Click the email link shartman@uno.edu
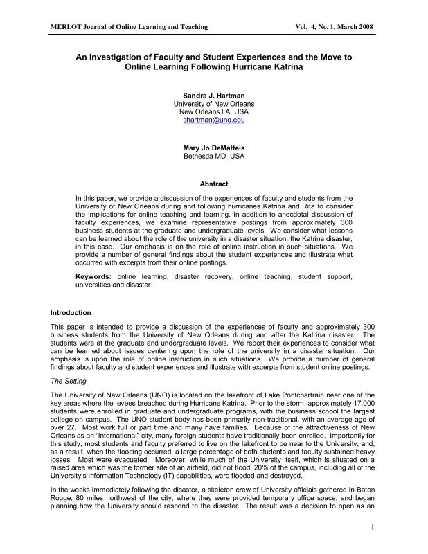[x=213, y=120]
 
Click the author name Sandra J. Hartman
[x=213, y=93]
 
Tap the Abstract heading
[x=213, y=184]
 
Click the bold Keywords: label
[x=94, y=277]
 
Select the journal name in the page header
[x=130, y=26]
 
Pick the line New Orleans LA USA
[x=213, y=111]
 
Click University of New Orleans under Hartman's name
[x=213, y=102]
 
